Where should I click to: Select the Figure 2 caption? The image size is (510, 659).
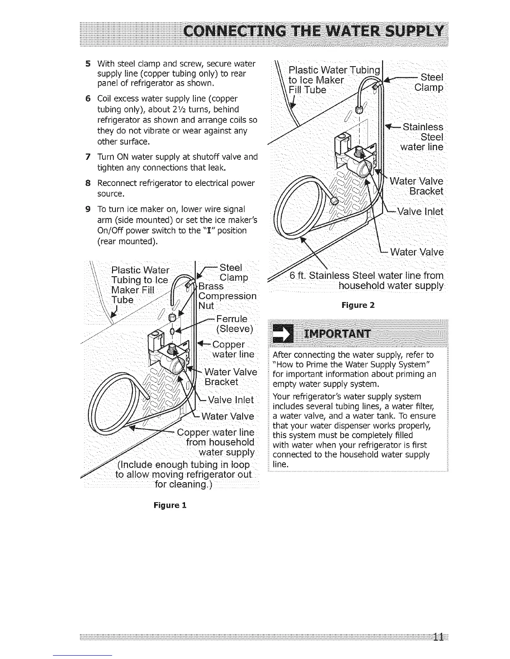coord(357,305)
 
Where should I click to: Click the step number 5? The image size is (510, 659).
coord(88,64)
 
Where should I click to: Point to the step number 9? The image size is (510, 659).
coord(88,208)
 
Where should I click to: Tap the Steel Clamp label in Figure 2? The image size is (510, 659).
coord(429,82)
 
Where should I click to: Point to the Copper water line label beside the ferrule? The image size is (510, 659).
coord(232,349)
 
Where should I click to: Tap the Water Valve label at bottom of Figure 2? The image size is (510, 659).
coord(417,253)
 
